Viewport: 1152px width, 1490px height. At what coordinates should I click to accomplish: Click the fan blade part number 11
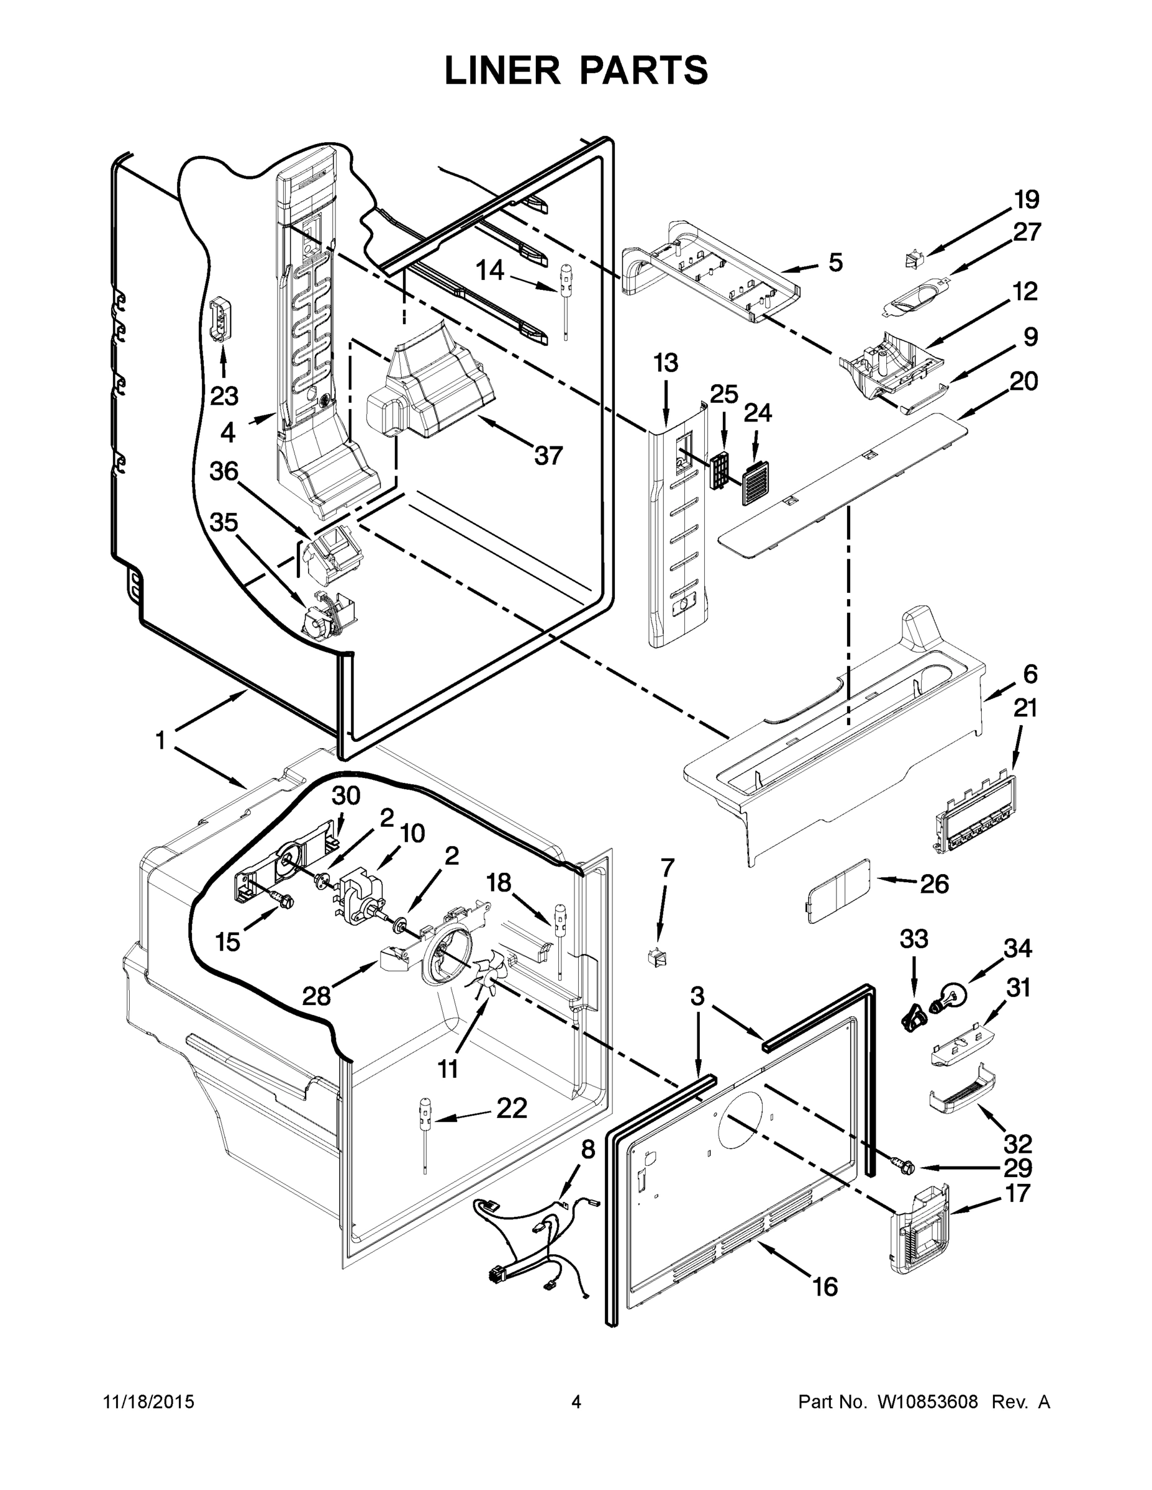487,980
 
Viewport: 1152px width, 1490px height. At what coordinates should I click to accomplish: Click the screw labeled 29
904,1167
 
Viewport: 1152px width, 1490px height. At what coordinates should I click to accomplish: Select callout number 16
825,1287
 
